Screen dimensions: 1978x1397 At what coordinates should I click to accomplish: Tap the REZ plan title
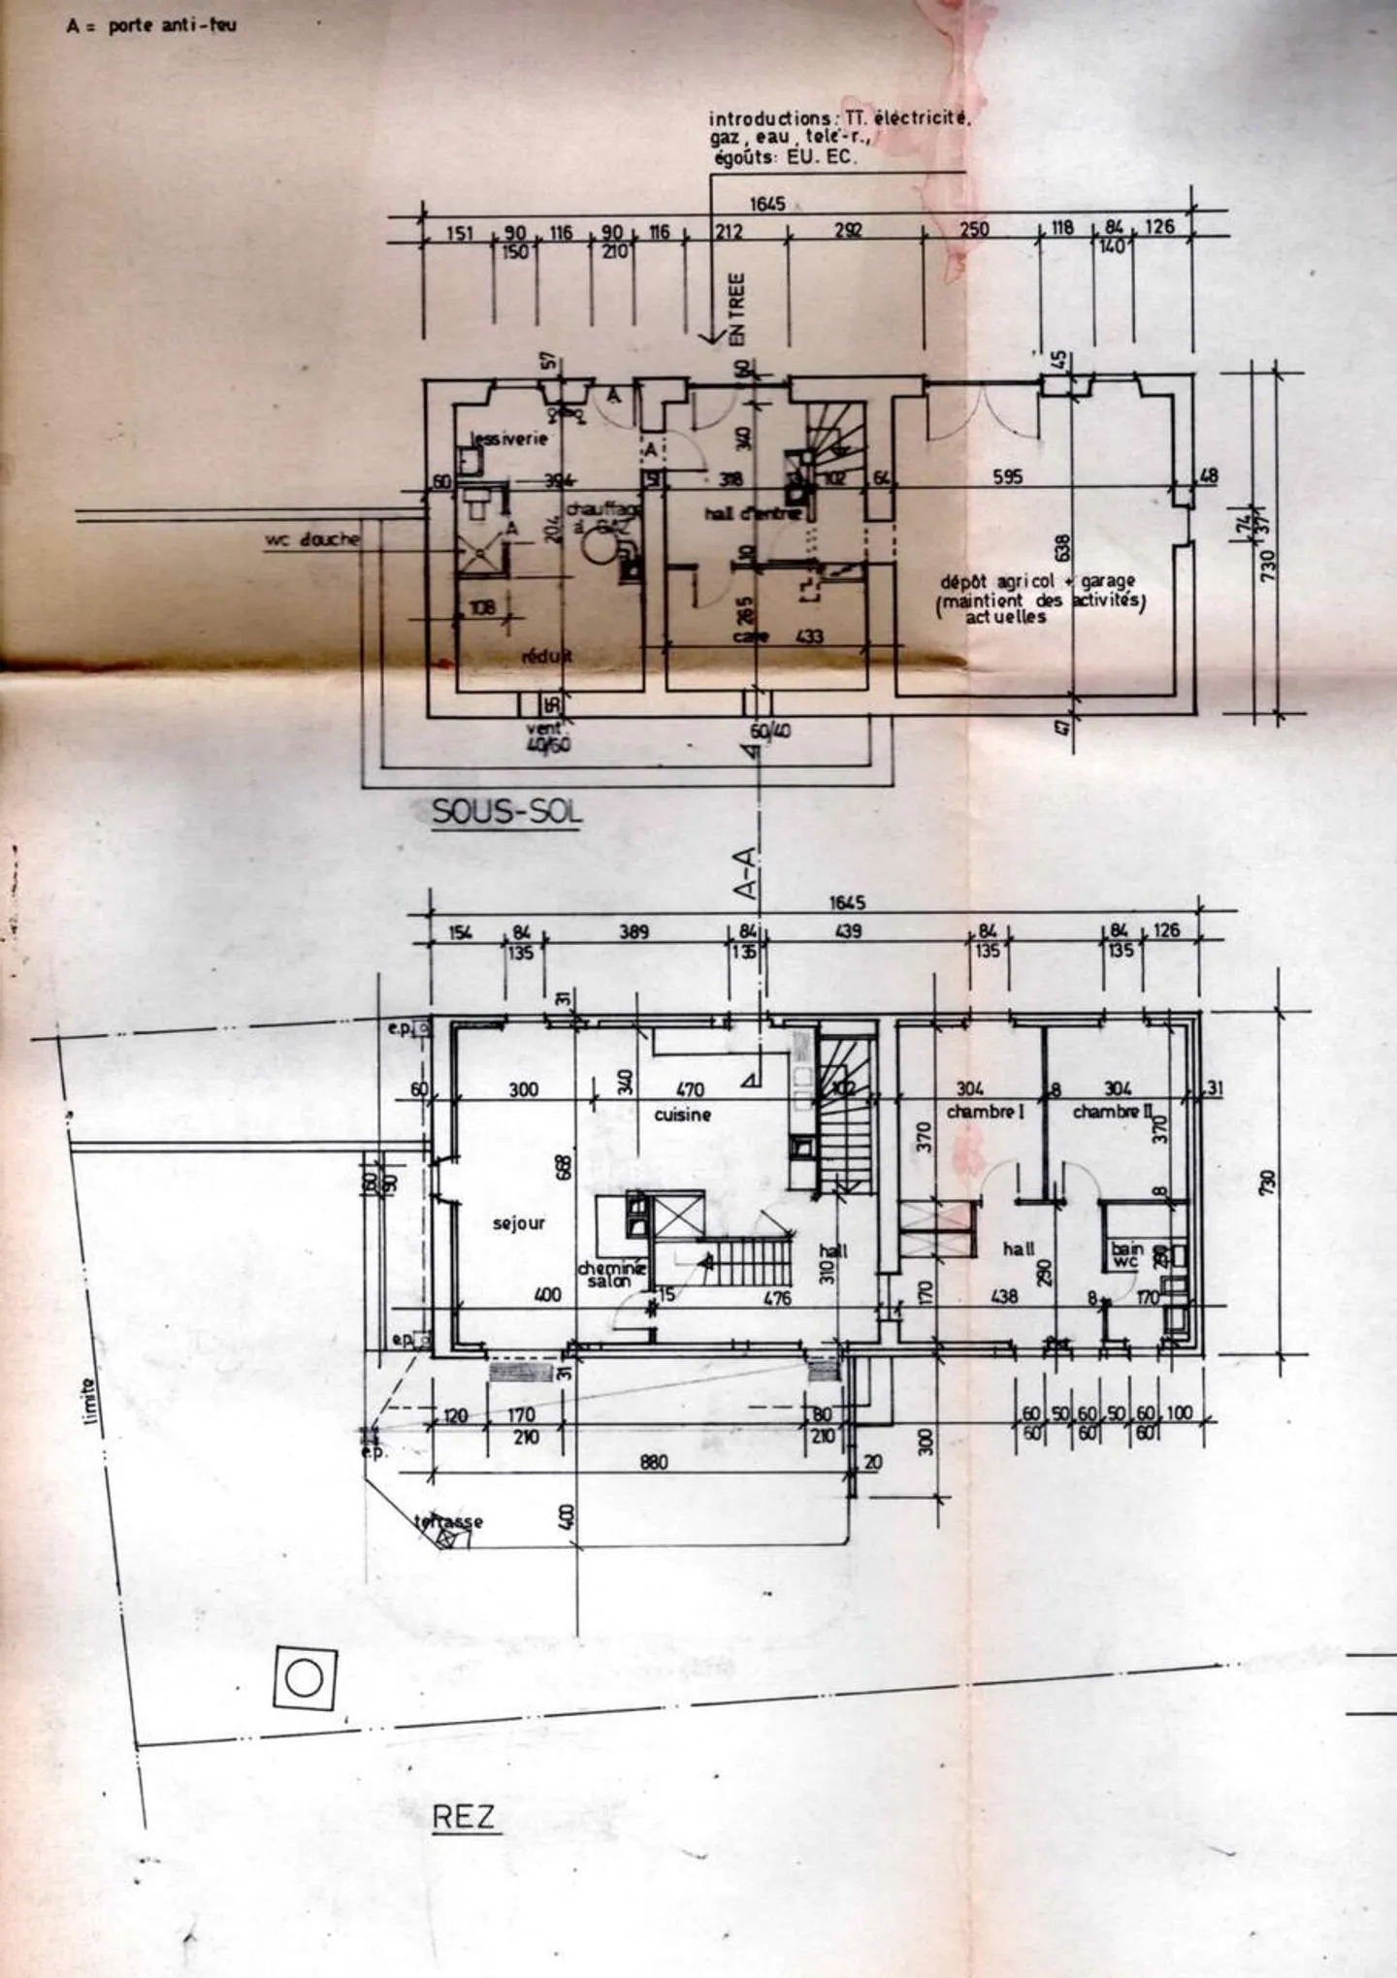464,1815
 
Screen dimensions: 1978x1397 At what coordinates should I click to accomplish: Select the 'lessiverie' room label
509,438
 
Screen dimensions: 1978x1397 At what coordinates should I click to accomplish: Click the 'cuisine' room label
682,1115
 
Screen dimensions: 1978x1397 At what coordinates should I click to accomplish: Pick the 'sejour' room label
518,1223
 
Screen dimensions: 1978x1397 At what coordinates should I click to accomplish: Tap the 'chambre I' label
985,1112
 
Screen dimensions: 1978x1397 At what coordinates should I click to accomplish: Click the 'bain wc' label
1126,1255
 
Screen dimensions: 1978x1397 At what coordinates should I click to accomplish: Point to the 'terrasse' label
448,1521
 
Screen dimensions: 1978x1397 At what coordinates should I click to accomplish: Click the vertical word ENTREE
737,308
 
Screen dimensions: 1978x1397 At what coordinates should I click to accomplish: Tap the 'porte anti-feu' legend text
171,25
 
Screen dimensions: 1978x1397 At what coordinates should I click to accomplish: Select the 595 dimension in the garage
1008,477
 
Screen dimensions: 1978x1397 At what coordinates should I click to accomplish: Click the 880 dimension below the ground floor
654,1462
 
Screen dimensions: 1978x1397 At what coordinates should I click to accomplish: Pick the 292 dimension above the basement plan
849,231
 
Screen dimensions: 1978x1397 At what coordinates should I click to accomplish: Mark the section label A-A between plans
747,875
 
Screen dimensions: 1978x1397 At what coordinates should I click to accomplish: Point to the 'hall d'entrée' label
752,513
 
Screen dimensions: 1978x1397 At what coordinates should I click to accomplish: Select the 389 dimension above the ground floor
634,932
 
